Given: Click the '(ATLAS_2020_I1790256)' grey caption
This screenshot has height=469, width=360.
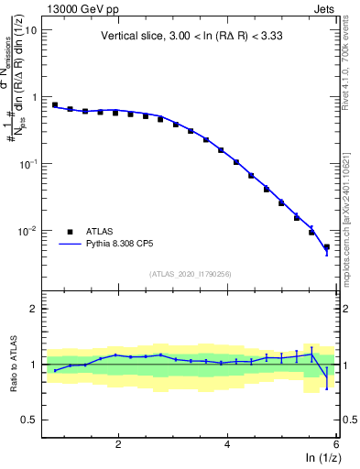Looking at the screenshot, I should coord(191,274).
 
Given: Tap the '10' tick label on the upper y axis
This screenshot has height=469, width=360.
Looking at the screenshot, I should coord(30,29).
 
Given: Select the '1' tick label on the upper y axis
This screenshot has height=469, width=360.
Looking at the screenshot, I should coord(34,97).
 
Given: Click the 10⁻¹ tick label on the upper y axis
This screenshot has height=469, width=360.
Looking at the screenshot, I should coord(28,163).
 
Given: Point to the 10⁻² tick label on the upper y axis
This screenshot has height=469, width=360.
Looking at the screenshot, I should coord(28,230).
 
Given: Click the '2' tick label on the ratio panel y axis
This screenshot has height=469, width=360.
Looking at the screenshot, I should coord(34,310).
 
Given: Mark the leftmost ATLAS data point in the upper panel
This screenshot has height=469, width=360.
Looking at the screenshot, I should coord(55,105).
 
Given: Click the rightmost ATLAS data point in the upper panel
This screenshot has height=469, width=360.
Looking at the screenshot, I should coord(327,246).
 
